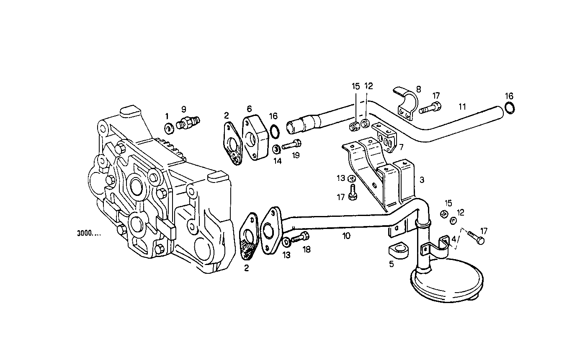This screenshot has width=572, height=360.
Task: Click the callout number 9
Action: (183, 109)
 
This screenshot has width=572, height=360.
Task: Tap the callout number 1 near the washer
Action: (167, 116)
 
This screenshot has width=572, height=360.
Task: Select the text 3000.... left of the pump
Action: (89, 234)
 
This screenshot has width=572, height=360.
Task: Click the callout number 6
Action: (249, 109)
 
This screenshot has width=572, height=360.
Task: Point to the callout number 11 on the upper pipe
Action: (462, 106)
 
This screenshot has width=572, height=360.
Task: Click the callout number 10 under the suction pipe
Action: (346, 236)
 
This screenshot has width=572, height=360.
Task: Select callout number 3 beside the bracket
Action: (422, 180)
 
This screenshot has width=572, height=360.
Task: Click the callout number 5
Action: (392, 264)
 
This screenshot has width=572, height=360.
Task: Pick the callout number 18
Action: (307, 249)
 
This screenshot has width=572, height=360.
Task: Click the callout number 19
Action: (296, 156)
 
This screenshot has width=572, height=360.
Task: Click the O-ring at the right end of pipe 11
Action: (510, 108)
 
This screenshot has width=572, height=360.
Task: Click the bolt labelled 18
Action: (299, 238)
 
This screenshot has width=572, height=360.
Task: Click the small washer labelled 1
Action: (170, 127)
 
